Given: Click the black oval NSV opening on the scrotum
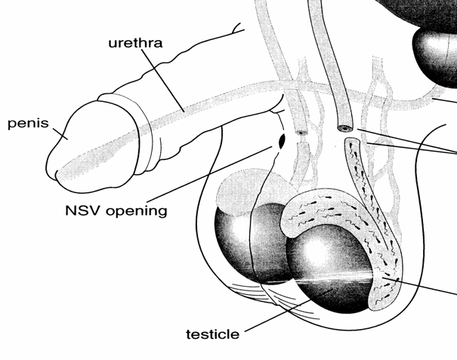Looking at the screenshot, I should coord(282,140).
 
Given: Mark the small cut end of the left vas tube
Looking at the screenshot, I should coord(302,133).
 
